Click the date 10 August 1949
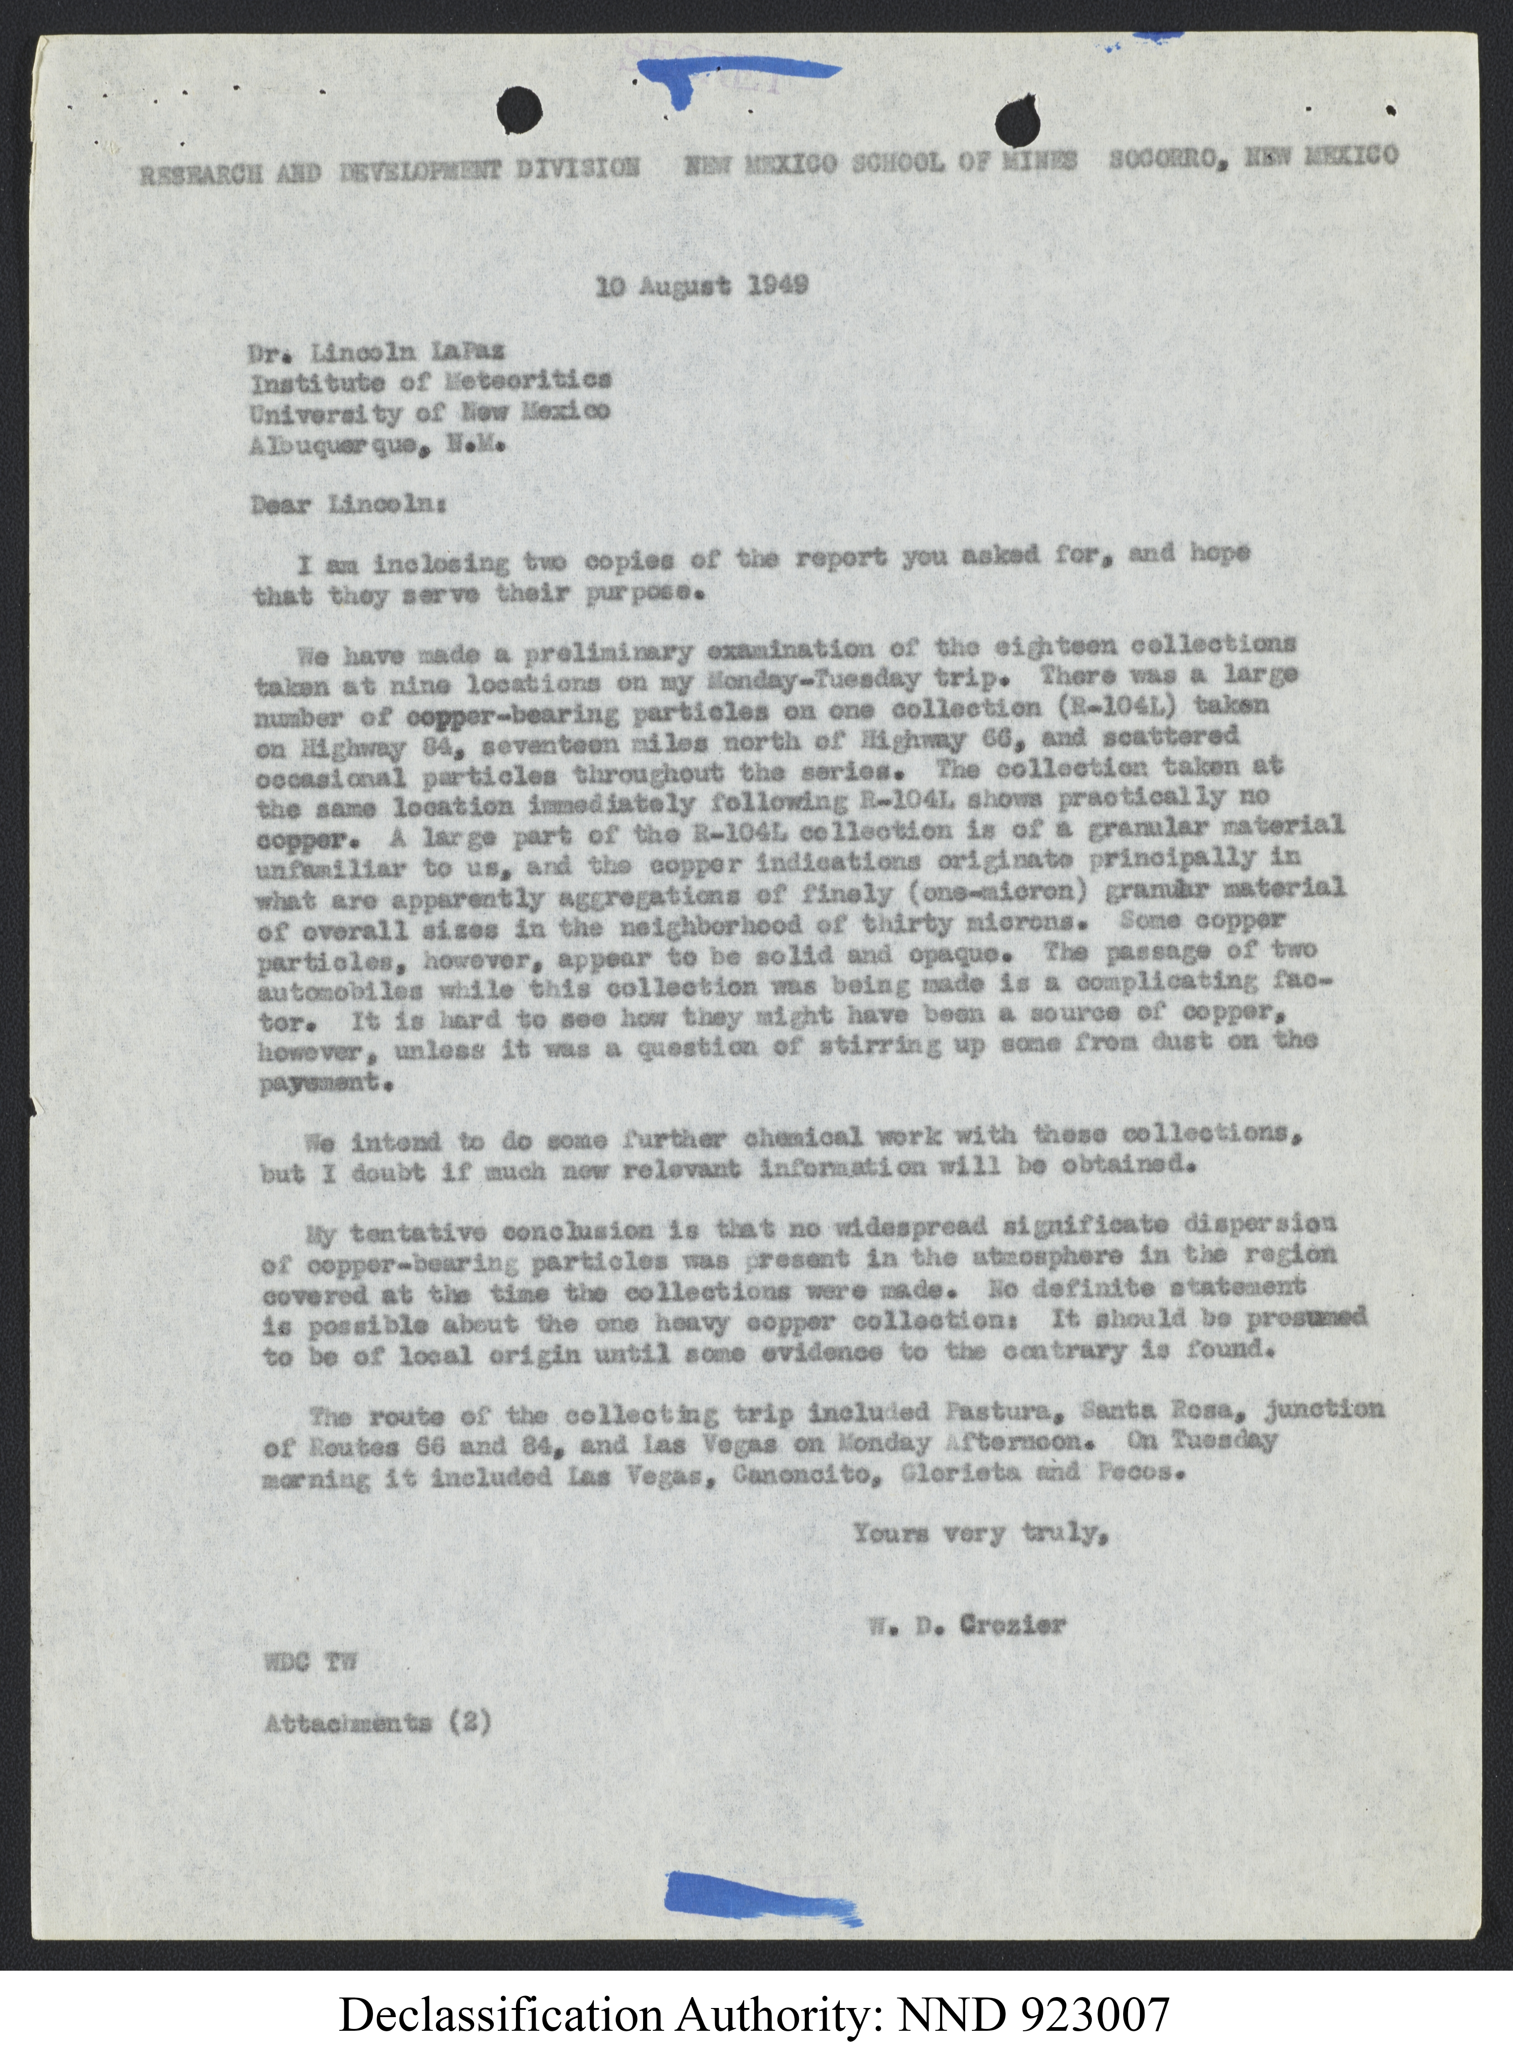click(701, 285)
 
